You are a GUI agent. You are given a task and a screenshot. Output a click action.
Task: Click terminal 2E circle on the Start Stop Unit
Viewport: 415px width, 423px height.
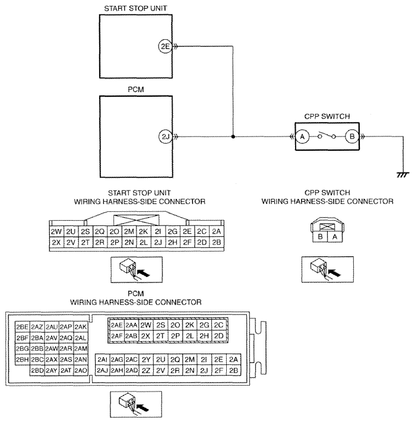[x=165, y=46]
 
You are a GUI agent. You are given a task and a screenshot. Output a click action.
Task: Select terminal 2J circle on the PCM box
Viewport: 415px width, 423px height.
[x=165, y=137]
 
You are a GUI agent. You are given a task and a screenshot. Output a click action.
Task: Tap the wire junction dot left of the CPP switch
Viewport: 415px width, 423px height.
[x=233, y=137]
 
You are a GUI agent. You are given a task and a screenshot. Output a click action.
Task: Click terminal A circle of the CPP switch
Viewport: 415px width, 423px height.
[x=302, y=136]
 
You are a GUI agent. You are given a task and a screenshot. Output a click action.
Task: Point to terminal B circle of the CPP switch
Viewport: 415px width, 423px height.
[x=352, y=136]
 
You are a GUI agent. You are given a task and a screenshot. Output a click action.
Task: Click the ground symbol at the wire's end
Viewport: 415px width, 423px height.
[x=403, y=175]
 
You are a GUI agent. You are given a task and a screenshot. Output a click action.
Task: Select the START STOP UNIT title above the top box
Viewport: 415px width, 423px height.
[x=135, y=8]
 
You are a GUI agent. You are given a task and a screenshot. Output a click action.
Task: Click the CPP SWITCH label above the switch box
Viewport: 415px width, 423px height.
[x=327, y=116]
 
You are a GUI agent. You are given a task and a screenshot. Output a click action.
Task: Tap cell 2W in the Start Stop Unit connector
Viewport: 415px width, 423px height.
[x=56, y=231]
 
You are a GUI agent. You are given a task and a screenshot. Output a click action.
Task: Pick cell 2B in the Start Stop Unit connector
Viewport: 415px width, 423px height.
[x=217, y=242]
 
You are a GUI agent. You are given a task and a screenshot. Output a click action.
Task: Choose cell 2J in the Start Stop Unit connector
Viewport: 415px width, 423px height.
[x=159, y=242]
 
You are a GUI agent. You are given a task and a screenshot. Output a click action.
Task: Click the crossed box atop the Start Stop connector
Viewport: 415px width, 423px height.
[x=136, y=220]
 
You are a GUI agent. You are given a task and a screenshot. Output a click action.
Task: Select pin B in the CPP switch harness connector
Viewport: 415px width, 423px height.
[x=320, y=237]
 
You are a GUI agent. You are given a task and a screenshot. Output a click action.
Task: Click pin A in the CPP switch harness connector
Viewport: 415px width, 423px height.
[x=335, y=237]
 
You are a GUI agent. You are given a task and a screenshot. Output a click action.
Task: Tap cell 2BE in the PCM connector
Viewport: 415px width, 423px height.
[x=22, y=327]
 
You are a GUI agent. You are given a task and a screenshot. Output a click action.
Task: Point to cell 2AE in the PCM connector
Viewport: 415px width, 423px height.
[x=116, y=325]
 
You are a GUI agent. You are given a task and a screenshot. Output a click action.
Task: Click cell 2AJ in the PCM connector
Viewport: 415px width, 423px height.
[x=102, y=370]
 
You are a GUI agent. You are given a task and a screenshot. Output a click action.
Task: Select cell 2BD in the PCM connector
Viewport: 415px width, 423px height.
[x=37, y=370]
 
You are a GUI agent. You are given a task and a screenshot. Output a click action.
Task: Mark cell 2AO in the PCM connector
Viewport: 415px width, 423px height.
[x=81, y=370]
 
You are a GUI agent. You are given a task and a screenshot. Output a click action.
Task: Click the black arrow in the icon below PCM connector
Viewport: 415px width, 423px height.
[x=143, y=408]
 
